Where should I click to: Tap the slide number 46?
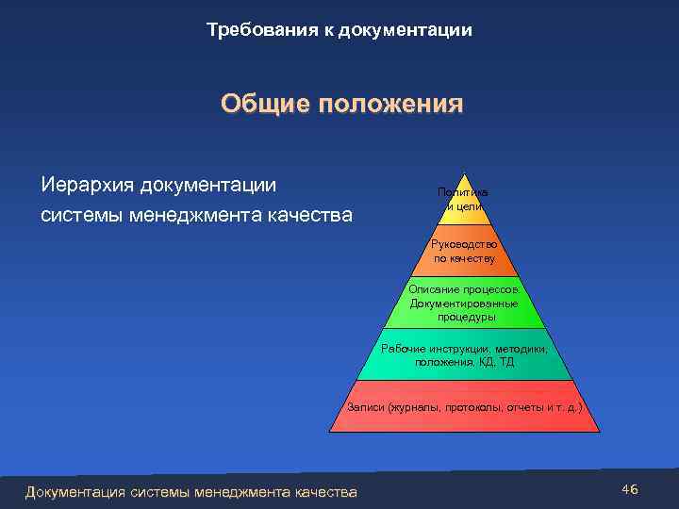(631, 489)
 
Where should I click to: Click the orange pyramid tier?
(464, 251)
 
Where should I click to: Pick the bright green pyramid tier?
(464, 304)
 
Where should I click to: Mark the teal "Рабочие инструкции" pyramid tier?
(464, 355)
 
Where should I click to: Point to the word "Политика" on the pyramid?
(462, 192)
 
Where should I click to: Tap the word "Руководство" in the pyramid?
(464, 243)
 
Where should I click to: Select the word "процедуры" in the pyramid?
(464, 318)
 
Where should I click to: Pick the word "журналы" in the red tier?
(405, 407)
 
